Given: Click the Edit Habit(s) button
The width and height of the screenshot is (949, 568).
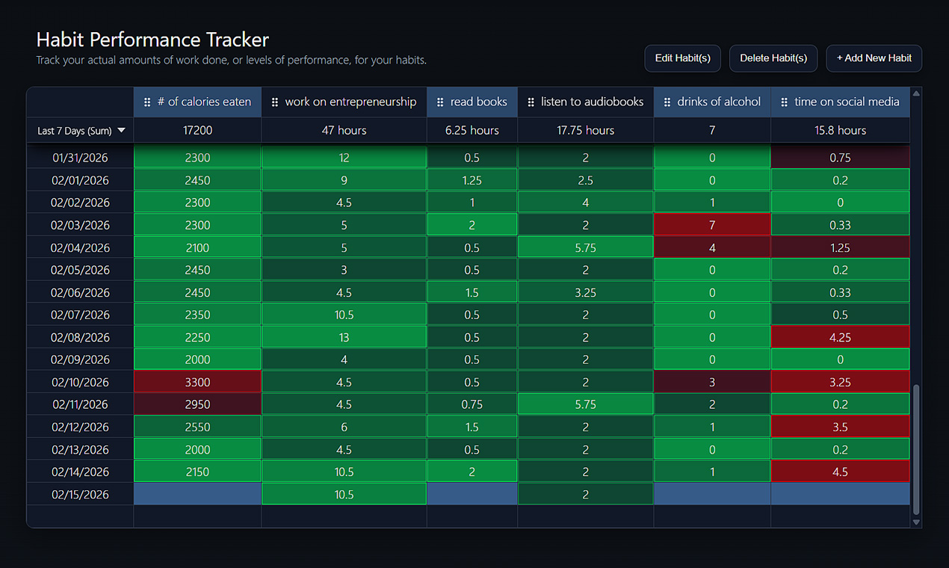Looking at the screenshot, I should click(x=682, y=58).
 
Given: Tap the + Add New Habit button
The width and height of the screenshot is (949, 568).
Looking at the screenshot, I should click(x=874, y=58).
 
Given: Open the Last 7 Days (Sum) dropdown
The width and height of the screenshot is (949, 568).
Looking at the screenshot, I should click(x=81, y=131).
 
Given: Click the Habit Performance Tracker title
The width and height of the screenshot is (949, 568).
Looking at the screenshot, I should click(x=152, y=40).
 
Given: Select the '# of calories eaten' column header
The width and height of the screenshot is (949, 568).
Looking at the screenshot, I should click(x=197, y=102).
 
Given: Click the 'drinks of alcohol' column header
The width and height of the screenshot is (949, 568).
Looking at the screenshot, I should click(x=712, y=102).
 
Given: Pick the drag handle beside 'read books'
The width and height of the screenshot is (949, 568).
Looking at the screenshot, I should click(x=440, y=102).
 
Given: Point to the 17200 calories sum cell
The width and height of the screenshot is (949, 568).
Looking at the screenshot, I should click(x=197, y=130).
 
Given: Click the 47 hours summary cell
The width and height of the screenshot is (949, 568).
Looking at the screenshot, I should click(x=344, y=130).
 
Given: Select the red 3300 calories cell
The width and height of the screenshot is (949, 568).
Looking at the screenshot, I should click(x=197, y=382).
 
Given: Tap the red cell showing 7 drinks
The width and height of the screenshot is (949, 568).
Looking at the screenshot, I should click(x=712, y=225).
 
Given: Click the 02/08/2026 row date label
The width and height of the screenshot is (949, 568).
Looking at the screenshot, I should click(x=80, y=337).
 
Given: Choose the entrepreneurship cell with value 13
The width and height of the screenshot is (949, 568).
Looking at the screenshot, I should click(x=344, y=337).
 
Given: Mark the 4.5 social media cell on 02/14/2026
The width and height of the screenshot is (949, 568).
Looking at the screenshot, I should click(x=840, y=472).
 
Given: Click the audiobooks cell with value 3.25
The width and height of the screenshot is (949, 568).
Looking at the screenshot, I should click(x=585, y=292).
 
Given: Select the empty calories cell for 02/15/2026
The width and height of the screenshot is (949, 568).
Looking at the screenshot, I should click(x=197, y=494).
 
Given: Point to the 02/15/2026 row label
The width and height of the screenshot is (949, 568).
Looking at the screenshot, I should click(x=80, y=494).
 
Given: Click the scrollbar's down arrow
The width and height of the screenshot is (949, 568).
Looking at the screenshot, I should click(x=917, y=522).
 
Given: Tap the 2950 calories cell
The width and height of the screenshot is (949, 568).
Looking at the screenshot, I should click(x=197, y=404).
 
